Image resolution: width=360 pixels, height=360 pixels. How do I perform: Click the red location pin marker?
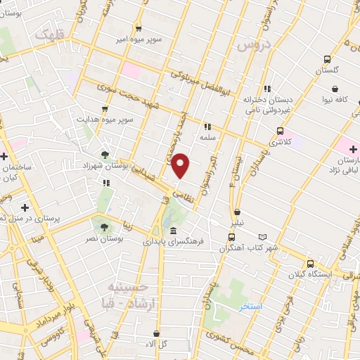(x=181, y=165)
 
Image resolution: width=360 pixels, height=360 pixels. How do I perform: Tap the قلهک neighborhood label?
(x=53, y=34)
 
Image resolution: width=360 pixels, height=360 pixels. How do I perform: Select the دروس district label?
(x=254, y=45)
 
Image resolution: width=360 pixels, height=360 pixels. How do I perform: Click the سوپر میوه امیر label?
(x=139, y=39)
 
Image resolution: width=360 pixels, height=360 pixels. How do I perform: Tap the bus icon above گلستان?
(x=326, y=60)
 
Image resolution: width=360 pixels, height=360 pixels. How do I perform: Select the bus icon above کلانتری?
(x=281, y=131)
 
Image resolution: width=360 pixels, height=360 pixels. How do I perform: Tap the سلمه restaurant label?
(x=207, y=138)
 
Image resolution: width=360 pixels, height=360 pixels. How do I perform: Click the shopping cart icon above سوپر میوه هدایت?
(x=105, y=108)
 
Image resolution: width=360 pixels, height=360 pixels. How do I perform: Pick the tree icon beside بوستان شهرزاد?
(x=105, y=154)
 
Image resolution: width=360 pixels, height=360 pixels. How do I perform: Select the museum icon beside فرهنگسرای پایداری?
(x=173, y=231)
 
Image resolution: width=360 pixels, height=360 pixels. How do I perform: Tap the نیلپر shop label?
(x=238, y=223)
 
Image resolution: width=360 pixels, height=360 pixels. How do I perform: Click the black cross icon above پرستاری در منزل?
(x=25, y=207)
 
